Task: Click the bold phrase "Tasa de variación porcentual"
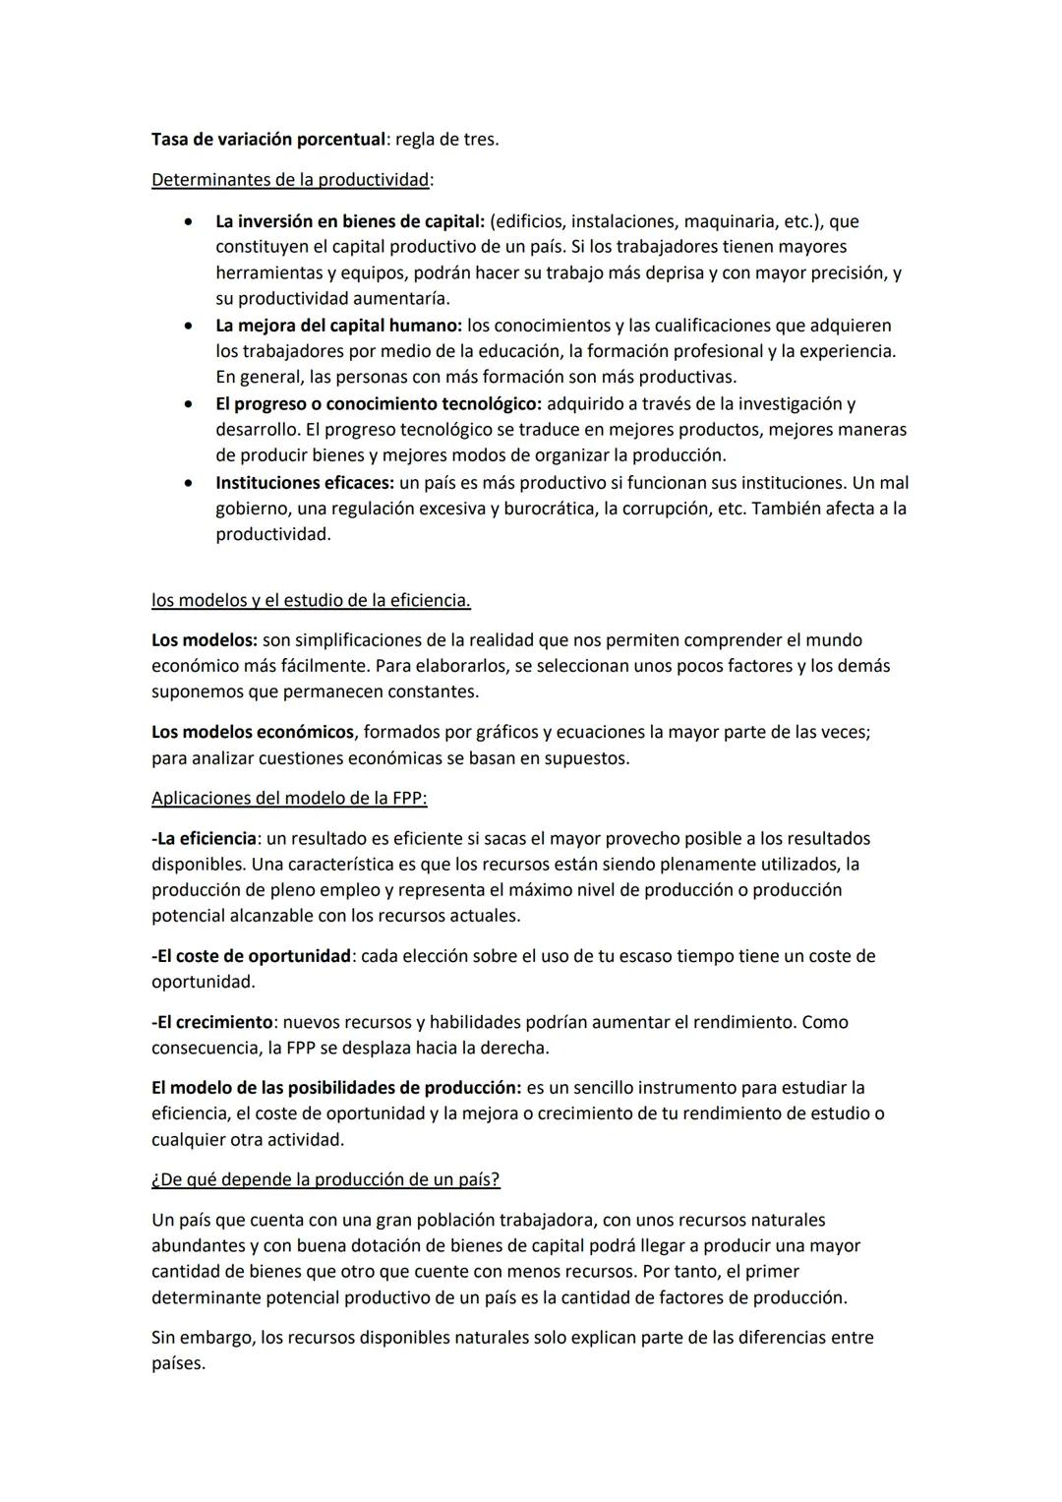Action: pos(266,140)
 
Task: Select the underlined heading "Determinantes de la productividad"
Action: pos(291,180)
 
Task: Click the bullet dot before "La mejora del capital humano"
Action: pos(187,326)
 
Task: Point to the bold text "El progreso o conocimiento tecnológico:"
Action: pos(379,404)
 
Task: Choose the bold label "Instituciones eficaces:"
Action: pos(305,483)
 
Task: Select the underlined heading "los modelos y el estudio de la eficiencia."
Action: pos(311,600)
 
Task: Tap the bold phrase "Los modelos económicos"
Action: pos(253,733)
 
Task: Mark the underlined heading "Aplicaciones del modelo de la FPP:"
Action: pos(289,799)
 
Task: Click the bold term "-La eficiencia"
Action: pos(205,839)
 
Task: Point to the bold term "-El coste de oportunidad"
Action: pos(252,956)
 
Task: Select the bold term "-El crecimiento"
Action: pos(212,1022)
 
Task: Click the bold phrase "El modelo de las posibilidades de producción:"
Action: pos(336,1088)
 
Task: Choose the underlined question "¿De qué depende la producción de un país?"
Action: pos(325,1179)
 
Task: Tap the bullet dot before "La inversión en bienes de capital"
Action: pos(187,222)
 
